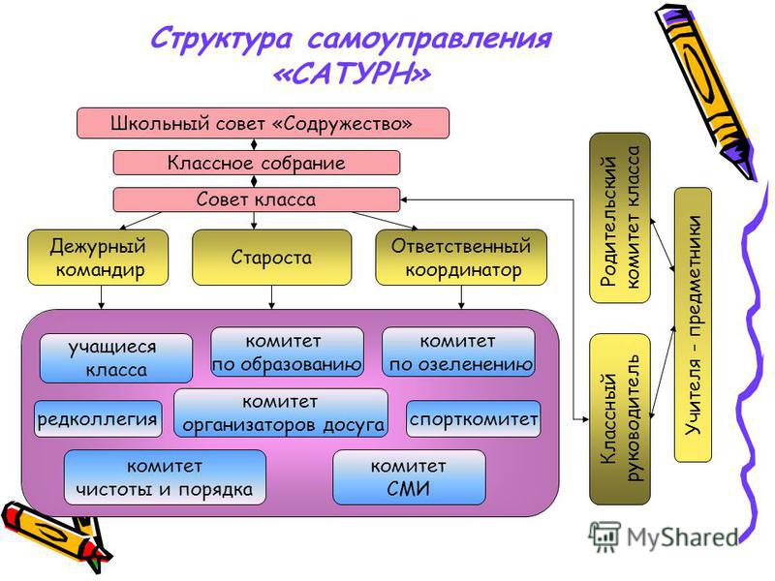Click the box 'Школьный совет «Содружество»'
click(x=263, y=123)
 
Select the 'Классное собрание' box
click(x=257, y=163)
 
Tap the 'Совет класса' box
click(x=257, y=199)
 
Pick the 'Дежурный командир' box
click(x=98, y=258)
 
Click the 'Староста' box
click(x=272, y=258)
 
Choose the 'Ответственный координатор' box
click(x=461, y=258)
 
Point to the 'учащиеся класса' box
click(x=116, y=358)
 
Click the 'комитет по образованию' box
click(x=287, y=352)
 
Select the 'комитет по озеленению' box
click(x=458, y=352)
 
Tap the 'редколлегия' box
click(x=98, y=419)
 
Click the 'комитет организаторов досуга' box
click(x=281, y=413)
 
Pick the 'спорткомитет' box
click(x=474, y=419)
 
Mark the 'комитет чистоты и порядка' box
click(x=165, y=477)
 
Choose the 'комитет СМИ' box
click(x=409, y=477)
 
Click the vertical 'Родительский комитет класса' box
click(x=620, y=218)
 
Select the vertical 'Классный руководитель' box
click(x=620, y=419)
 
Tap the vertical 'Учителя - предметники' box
click(x=693, y=324)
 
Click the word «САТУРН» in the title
click(x=352, y=75)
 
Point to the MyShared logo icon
click(x=604, y=536)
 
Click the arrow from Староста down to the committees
click(x=271, y=297)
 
